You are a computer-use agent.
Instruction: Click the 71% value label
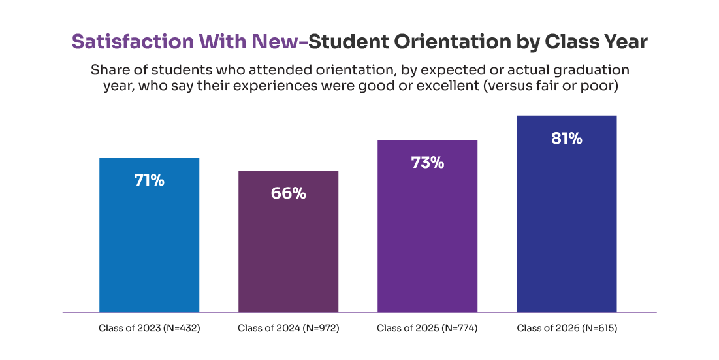click(149, 181)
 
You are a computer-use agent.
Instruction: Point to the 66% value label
click(288, 194)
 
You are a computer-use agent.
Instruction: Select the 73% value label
click(427, 163)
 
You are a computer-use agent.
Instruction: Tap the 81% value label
click(566, 139)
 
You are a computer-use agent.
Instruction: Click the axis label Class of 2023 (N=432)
click(149, 328)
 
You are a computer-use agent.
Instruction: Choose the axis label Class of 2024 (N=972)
click(288, 328)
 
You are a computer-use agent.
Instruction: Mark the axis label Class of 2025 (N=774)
click(427, 328)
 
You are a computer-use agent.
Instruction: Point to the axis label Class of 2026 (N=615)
click(566, 328)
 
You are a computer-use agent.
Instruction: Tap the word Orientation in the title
click(453, 42)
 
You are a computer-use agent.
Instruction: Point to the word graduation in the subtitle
click(593, 70)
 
